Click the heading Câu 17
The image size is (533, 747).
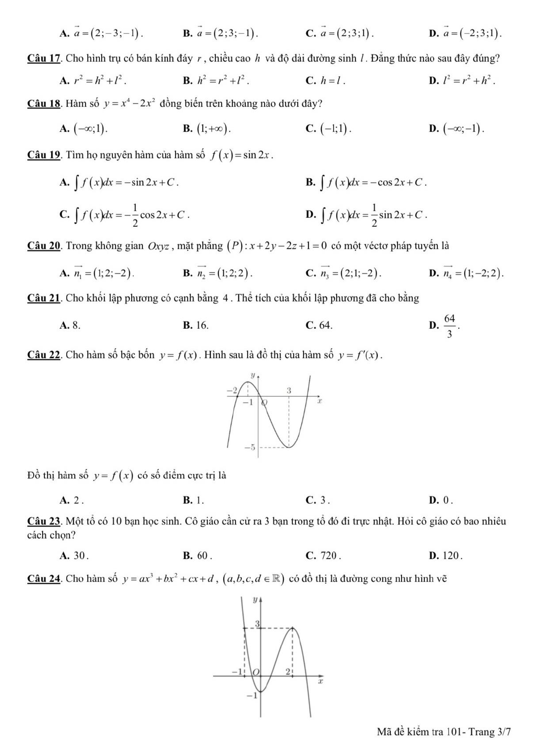coord(43,58)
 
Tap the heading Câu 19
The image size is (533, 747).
coord(43,155)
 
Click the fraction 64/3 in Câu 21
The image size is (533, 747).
coord(449,326)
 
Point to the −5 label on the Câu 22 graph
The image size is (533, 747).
coord(249,447)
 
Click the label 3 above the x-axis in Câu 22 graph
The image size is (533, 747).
coord(289,390)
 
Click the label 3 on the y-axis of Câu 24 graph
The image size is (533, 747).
coord(257,623)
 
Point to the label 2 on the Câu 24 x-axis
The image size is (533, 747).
coord(288,672)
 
